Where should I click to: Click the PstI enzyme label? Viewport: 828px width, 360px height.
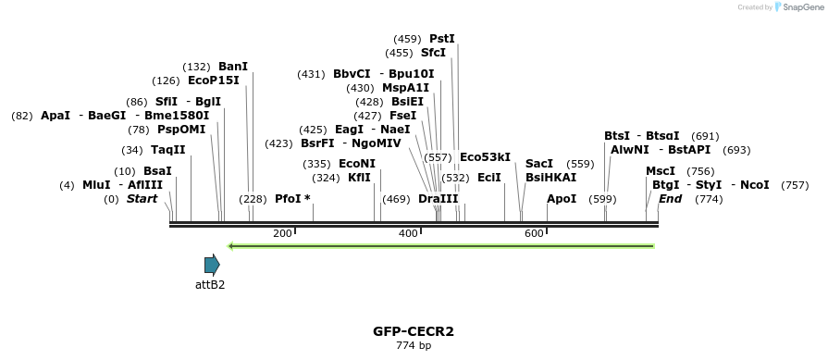441,39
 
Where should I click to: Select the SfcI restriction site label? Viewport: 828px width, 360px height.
433,53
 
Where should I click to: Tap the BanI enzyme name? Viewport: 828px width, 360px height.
233,67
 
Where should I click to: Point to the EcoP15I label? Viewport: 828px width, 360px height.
213,81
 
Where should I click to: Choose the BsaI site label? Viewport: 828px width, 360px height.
157,171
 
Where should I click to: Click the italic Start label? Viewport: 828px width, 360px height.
142,199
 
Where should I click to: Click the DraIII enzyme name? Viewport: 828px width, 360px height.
438,199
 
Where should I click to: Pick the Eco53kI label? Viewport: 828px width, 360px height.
485,157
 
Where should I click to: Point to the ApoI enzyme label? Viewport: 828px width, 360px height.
562,199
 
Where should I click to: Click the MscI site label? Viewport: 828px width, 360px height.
661,171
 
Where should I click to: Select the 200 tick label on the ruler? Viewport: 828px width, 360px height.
282,234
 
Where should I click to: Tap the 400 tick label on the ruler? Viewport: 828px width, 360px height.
408,234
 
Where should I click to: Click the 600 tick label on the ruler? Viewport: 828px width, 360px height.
534,234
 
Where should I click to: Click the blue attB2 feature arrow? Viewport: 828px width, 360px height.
212,265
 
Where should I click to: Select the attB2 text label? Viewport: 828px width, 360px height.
210,285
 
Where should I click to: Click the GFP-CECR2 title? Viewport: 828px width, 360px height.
414,331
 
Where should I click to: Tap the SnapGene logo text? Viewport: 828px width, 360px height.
801,7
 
